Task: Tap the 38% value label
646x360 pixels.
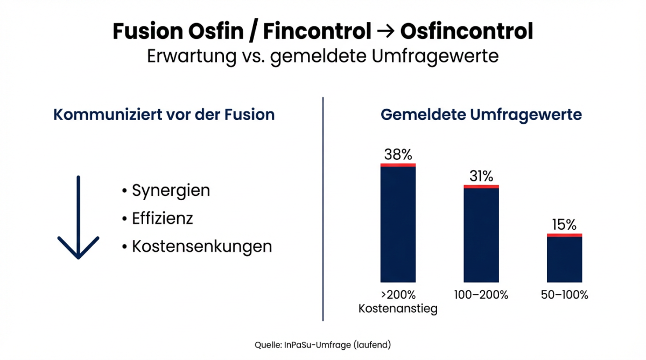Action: click(398, 155)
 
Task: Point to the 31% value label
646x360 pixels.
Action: click(481, 176)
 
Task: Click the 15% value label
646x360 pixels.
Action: click(564, 224)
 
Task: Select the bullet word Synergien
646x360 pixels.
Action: click(171, 190)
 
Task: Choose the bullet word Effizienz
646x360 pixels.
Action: click(162, 218)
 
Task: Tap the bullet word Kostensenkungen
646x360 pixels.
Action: click(201, 246)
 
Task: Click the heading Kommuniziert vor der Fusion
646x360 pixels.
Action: click(164, 115)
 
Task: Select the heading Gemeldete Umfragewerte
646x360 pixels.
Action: click(481, 115)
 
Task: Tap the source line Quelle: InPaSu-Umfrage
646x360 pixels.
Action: click(322, 344)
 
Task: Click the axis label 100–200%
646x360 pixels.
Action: click(481, 295)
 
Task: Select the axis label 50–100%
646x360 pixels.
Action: click(564, 295)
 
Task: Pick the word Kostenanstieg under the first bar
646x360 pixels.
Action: click(398, 309)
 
